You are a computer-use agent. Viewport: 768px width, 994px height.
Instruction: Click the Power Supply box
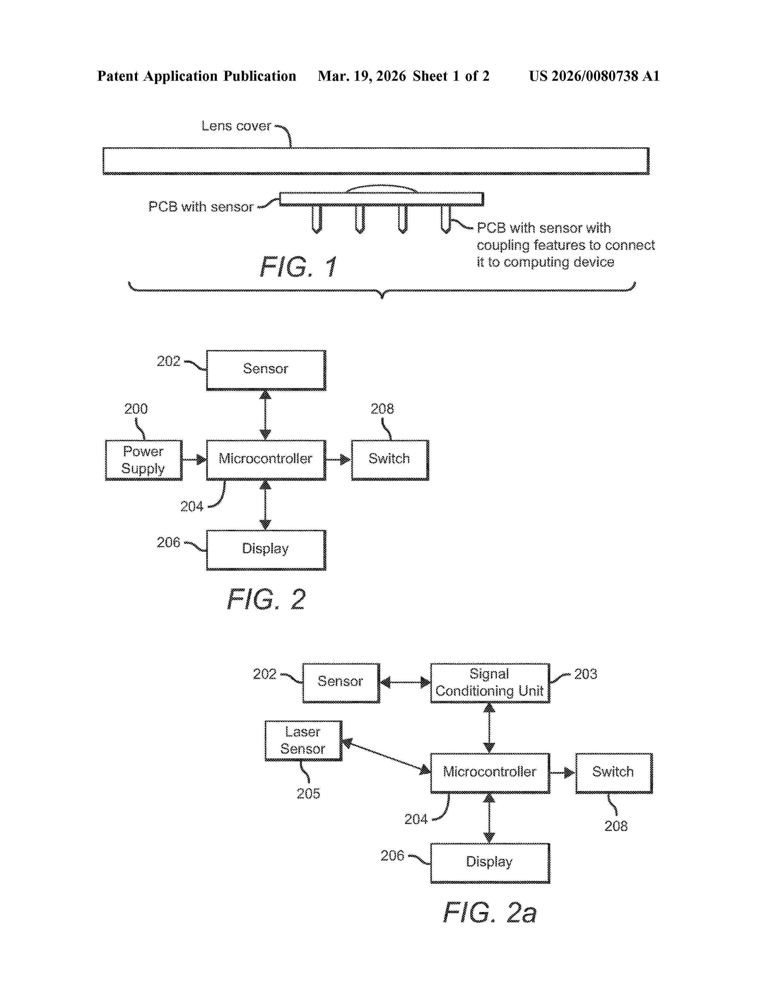(x=144, y=460)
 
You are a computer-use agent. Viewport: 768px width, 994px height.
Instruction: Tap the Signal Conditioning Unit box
(x=490, y=683)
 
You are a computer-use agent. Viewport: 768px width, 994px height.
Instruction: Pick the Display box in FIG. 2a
(x=490, y=863)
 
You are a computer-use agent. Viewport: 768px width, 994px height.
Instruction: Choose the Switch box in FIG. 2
(x=390, y=460)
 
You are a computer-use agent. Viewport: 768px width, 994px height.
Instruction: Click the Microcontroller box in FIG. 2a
(x=490, y=773)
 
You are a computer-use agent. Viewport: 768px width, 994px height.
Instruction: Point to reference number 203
(x=585, y=674)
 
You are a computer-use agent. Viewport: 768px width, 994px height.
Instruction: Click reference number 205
(x=308, y=794)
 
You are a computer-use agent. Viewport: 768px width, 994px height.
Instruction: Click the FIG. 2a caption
(x=490, y=913)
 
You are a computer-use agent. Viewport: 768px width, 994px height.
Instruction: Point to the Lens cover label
(x=236, y=126)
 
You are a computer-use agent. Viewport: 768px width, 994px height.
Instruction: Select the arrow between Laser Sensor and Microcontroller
(x=386, y=756)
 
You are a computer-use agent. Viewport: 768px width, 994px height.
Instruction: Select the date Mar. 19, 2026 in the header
(x=362, y=76)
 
